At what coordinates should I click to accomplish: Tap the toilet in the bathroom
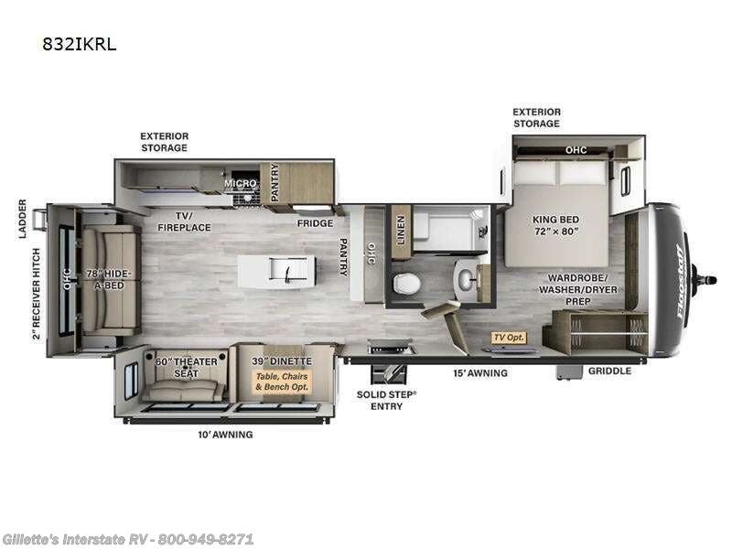[404, 285]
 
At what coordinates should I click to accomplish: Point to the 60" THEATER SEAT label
[186, 367]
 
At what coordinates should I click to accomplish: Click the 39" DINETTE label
[282, 361]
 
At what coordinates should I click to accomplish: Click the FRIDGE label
[313, 222]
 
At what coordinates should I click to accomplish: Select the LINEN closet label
[399, 225]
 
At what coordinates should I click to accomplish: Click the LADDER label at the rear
[23, 219]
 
